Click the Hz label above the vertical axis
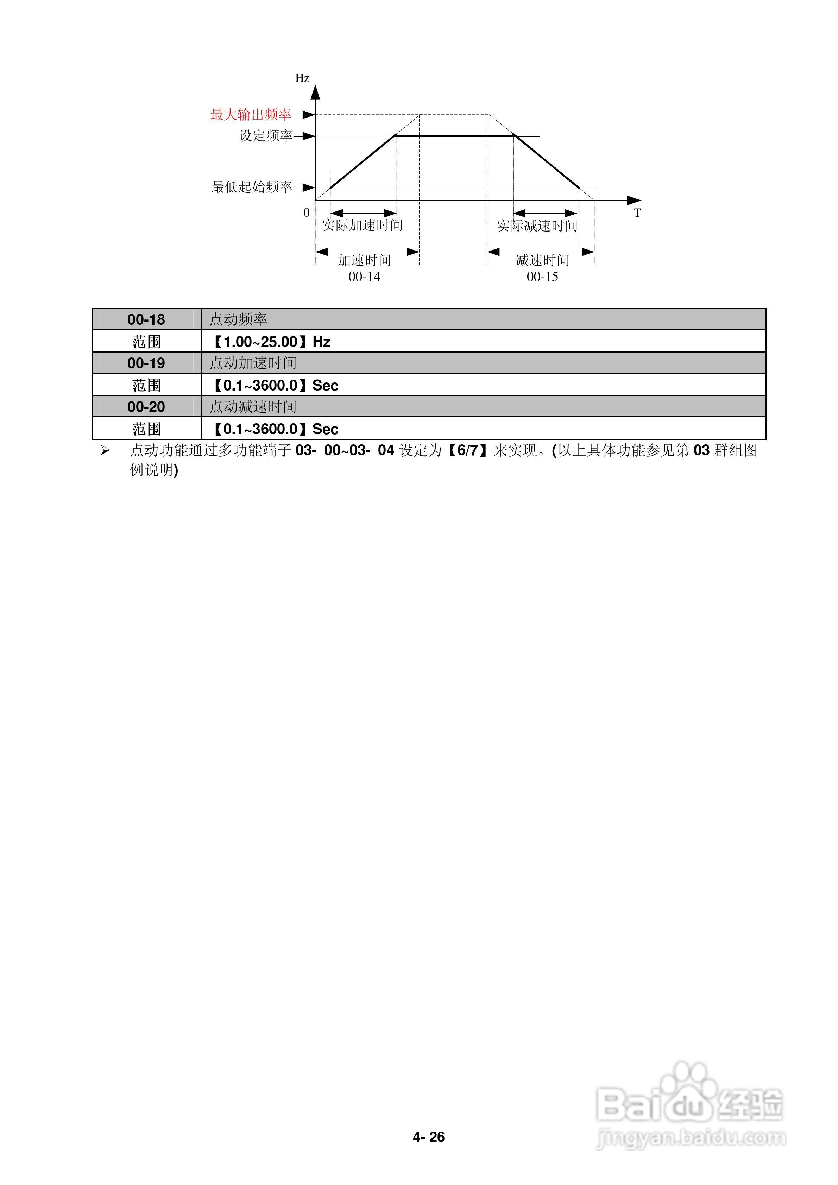click(x=302, y=78)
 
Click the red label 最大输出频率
click(x=251, y=115)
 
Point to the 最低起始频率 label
click(x=251, y=187)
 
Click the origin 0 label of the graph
click(x=307, y=213)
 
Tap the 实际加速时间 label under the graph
click(x=362, y=225)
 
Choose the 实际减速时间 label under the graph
click(x=537, y=226)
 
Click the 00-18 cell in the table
click(x=146, y=319)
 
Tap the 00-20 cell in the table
click(x=146, y=407)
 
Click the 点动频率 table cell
click(x=238, y=319)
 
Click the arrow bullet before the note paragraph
click(x=105, y=451)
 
